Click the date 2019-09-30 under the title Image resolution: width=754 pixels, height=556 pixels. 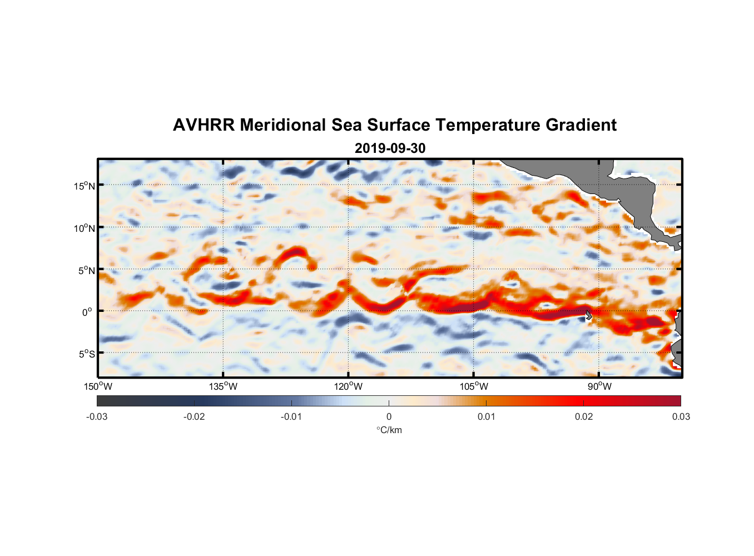pyautogui.click(x=390, y=148)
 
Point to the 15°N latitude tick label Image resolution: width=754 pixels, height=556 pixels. pyautogui.click(x=84, y=186)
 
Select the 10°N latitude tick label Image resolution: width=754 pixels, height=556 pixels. pyautogui.click(x=84, y=228)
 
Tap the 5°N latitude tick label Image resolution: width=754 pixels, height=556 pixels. pyautogui.click(x=86, y=270)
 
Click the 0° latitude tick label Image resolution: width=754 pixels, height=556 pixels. pyautogui.click(x=87, y=312)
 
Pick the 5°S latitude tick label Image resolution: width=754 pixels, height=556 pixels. pyautogui.click(x=86, y=354)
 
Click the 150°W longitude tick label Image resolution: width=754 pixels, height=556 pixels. pyautogui.click(x=98, y=386)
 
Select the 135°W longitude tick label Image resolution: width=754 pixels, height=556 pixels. pyautogui.click(x=224, y=386)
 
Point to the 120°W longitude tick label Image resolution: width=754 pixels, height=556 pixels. pyautogui.click(x=349, y=386)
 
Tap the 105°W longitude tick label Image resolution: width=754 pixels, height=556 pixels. pyautogui.click(x=474, y=386)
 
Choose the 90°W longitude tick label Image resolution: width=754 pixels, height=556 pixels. pyautogui.click(x=599, y=386)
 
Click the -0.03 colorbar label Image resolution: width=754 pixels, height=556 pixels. pyautogui.click(x=97, y=416)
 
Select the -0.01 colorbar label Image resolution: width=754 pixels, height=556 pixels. pyautogui.click(x=291, y=416)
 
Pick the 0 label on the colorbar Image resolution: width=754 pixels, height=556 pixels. pyautogui.click(x=389, y=416)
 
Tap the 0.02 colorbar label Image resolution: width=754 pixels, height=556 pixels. pyautogui.click(x=584, y=416)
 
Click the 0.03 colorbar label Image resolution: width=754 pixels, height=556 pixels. pyautogui.click(x=681, y=416)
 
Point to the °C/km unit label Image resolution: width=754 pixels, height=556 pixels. pyautogui.click(x=389, y=430)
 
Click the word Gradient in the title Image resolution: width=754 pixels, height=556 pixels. pyautogui.click(x=581, y=125)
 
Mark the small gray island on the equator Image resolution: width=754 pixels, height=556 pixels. pyautogui.click(x=588, y=315)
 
